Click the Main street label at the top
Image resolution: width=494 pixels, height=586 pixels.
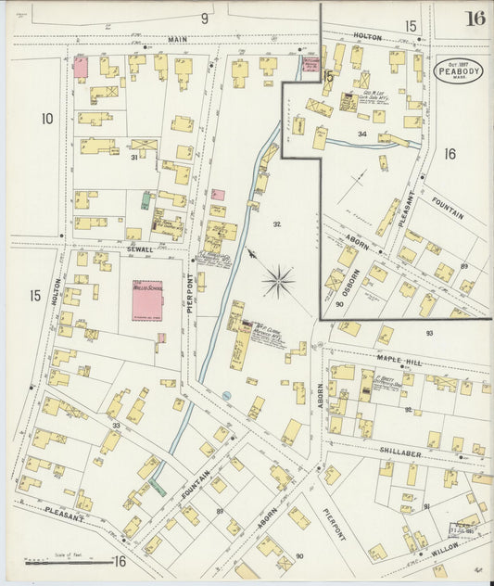[x=177, y=40]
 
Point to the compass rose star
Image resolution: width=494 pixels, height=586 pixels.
[x=278, y=278]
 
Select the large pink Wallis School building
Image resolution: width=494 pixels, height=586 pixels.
[x=146, y=303]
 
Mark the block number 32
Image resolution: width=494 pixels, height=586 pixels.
[x=277, y=224]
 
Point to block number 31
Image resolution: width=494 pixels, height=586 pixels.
[x=133, y=158]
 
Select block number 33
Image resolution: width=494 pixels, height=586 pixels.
[x=116, y=426]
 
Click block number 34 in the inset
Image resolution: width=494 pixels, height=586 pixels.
[x=363, y=134]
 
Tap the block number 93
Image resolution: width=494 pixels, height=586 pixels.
[x=429, y=332]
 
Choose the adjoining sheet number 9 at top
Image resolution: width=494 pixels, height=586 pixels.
[x=205, y=18]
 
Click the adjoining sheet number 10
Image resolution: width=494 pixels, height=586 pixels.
[x=47, y=119]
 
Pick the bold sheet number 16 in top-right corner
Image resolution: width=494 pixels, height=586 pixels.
[x=475, y=19]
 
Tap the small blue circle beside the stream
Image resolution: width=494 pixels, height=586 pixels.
[x=225, y=396]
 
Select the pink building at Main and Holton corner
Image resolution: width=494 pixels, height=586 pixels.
[x=81, y=67]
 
